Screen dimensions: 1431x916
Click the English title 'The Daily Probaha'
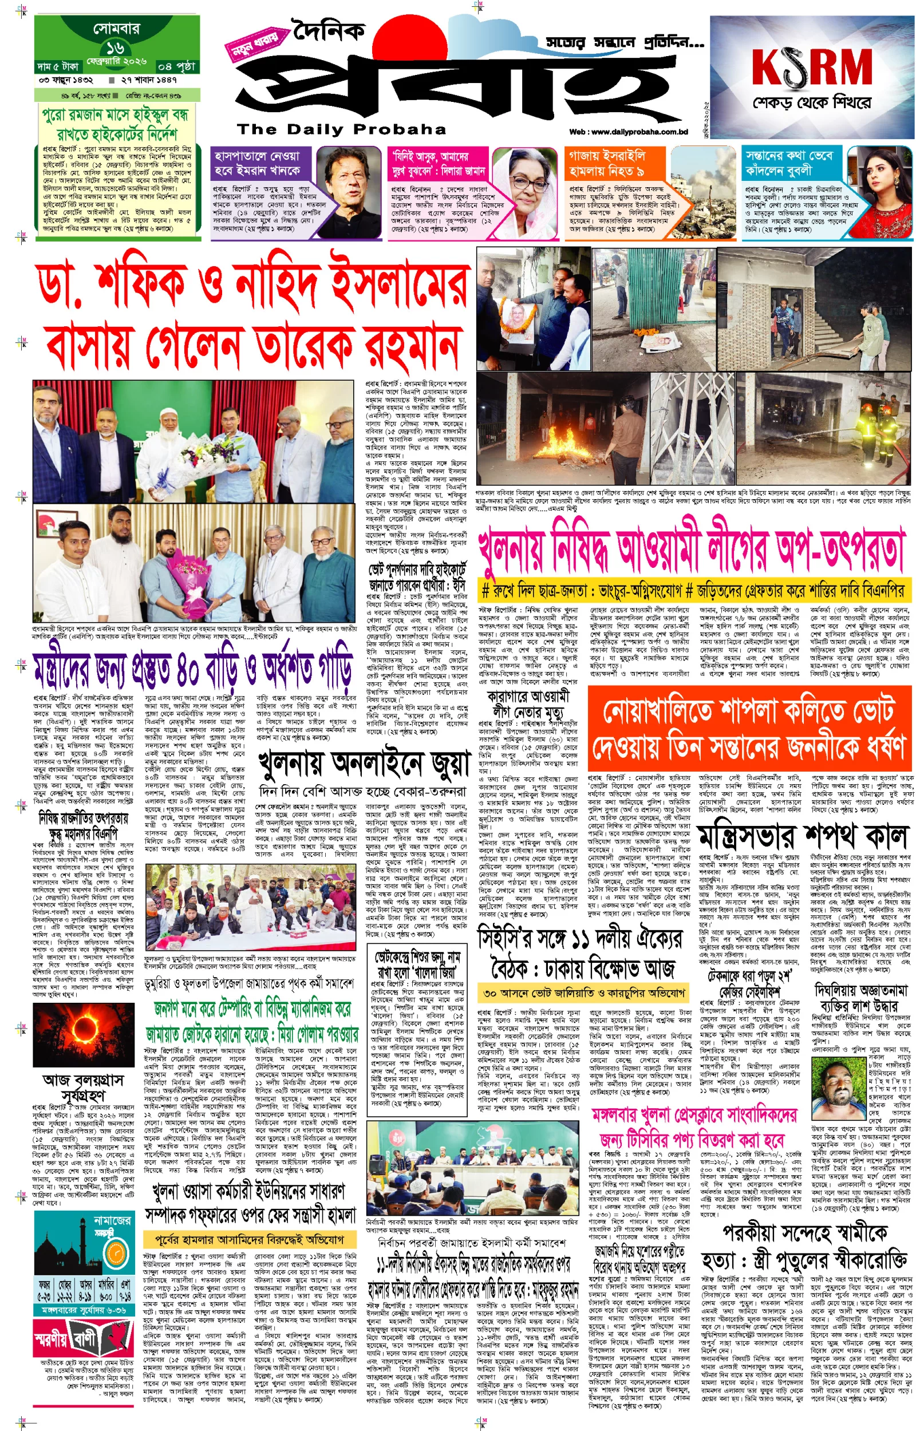[341, 129]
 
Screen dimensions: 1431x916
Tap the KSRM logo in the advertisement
[811, 66]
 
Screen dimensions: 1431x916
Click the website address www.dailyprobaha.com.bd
[628, 132]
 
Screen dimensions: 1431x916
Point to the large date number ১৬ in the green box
[116, 48]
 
